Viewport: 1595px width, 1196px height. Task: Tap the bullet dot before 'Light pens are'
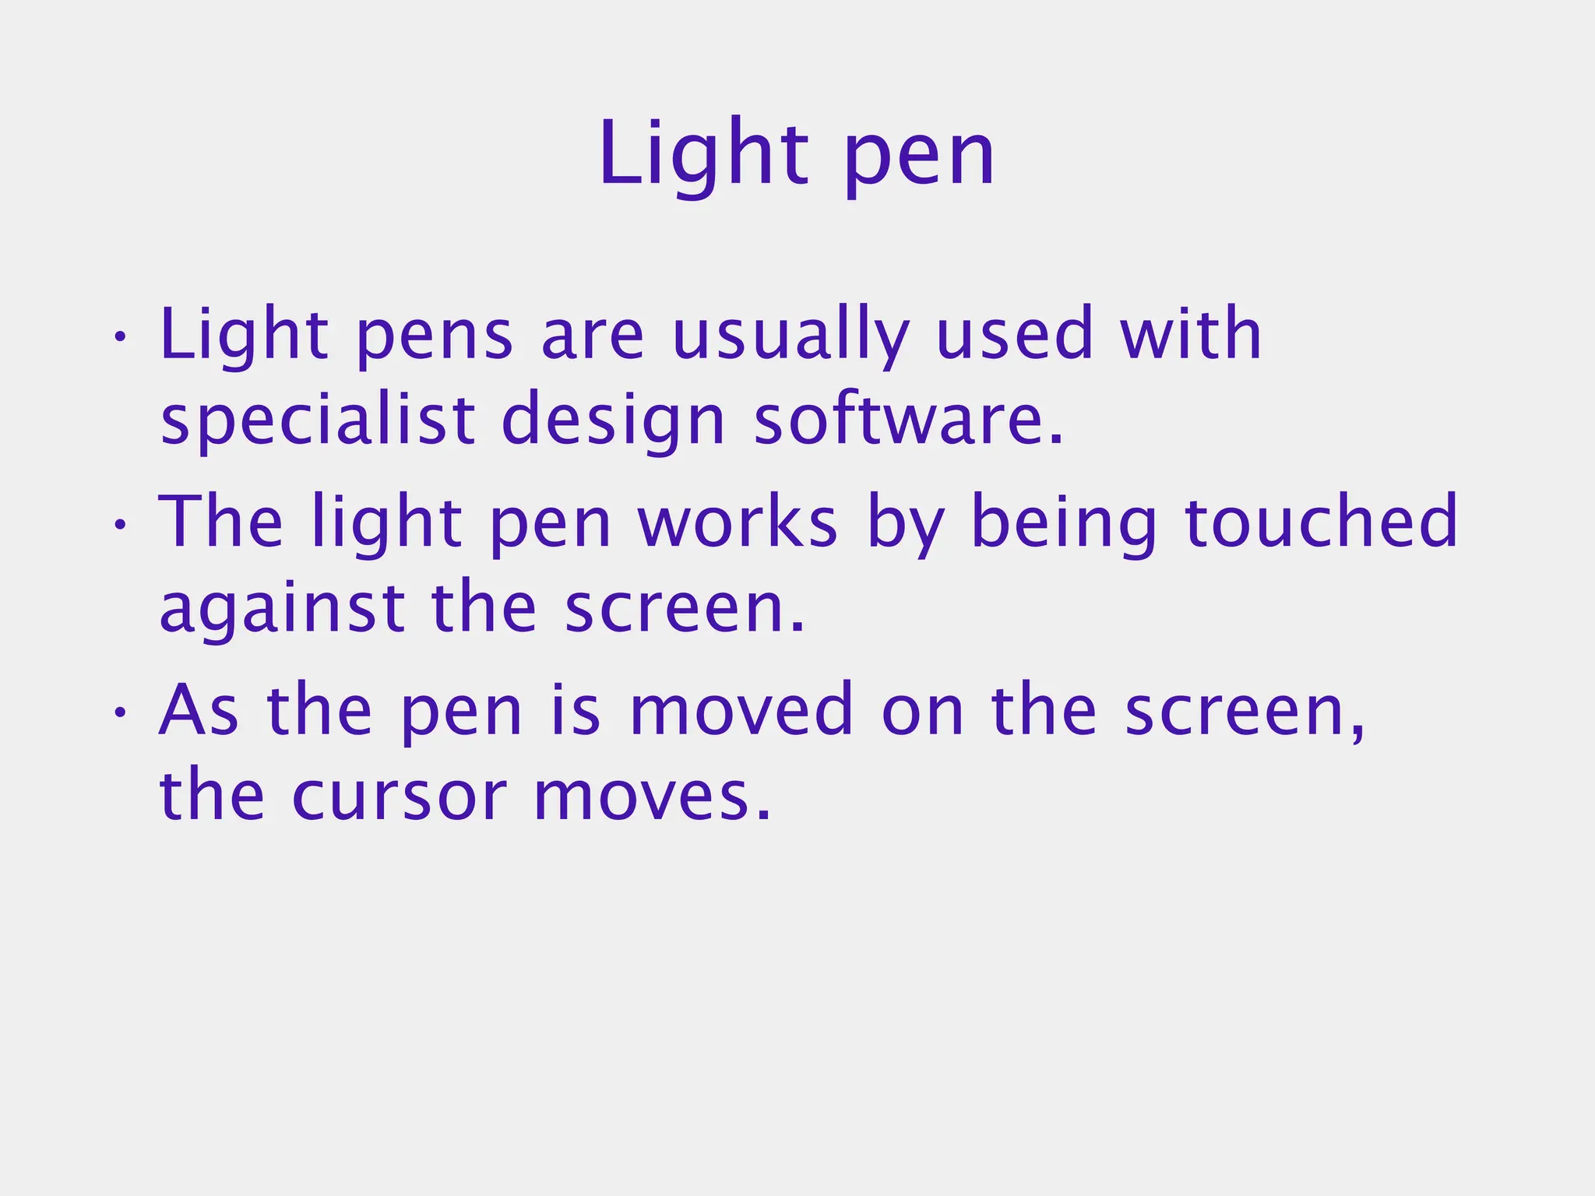click(x=119, y=338)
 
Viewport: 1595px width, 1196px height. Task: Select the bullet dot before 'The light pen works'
click(x=119, y=526)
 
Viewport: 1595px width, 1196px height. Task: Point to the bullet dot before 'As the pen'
click(x=119, y=713)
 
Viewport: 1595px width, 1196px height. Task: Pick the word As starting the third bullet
click(x=199, y=710)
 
